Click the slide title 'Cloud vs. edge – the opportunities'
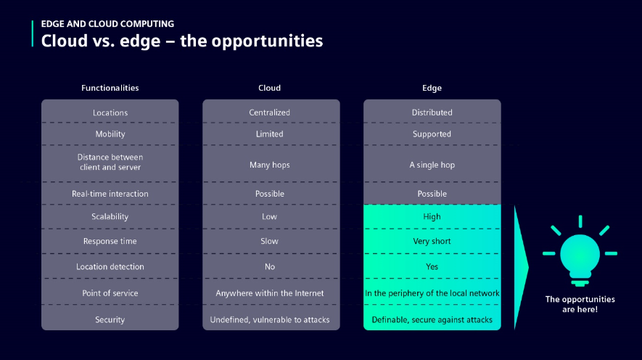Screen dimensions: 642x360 tap(182, 41)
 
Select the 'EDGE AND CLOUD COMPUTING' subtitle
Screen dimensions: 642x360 tap(107, 24)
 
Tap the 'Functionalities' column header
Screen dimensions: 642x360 tap(110, 88)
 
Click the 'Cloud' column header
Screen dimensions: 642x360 tap(269, 88)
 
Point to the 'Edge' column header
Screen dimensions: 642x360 tap(432, 88)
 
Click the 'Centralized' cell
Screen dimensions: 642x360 tap(269, 112)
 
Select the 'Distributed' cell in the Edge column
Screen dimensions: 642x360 tap(432, 112)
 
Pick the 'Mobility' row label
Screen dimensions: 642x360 tap(110, 134)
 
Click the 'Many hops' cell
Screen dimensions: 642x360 tap(269, 165)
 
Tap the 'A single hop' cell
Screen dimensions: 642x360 tap(432, 165)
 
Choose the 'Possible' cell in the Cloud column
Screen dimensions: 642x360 tap(269, 194)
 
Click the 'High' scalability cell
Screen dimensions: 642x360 tap(432, 217)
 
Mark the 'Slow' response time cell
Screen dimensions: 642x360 tap(269, 241)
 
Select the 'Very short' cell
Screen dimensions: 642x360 tap(432, 241)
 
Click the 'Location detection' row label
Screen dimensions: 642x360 tap(110, 266)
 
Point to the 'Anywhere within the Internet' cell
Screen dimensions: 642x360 tap(269, 293)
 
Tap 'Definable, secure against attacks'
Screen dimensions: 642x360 tap(432, 320)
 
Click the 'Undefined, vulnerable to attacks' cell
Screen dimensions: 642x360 tap(269, 320)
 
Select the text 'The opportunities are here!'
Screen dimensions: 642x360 tap(580, 304)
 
